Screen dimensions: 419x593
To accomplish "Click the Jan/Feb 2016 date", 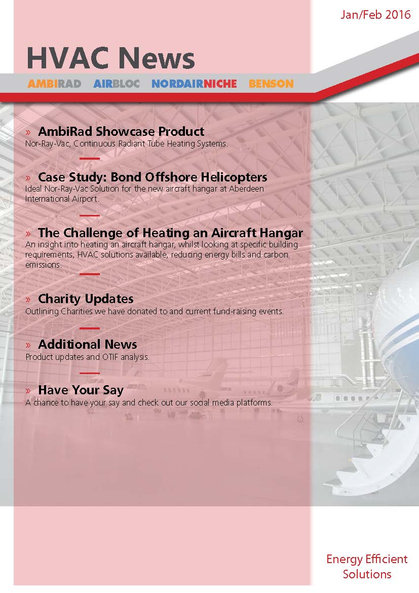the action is [375, 15].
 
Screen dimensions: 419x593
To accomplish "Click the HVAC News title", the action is [110, 58].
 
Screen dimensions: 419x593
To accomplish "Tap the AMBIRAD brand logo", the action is [54, 84].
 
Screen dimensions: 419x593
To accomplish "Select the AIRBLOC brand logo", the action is [117, 84].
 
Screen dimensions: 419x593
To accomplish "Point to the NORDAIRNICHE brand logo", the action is [195, 84].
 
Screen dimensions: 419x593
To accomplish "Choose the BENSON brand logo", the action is [271, 84].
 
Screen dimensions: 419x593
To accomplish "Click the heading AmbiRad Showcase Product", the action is [121, 131].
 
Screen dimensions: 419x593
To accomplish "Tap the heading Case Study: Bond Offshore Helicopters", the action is [153, 176].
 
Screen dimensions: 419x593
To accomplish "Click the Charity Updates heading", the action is [86, 299].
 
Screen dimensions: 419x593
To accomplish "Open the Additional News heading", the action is [88, 344].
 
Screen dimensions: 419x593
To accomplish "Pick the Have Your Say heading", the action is [81, 390].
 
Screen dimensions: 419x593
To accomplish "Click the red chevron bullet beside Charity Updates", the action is [28, 300].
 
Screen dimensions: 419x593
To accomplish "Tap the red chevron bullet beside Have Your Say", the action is [28, 391].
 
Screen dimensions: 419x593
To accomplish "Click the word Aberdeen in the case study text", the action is [247, 189].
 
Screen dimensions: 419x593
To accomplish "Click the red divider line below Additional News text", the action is [90, 373].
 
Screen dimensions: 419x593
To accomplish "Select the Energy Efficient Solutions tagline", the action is [367, 566].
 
